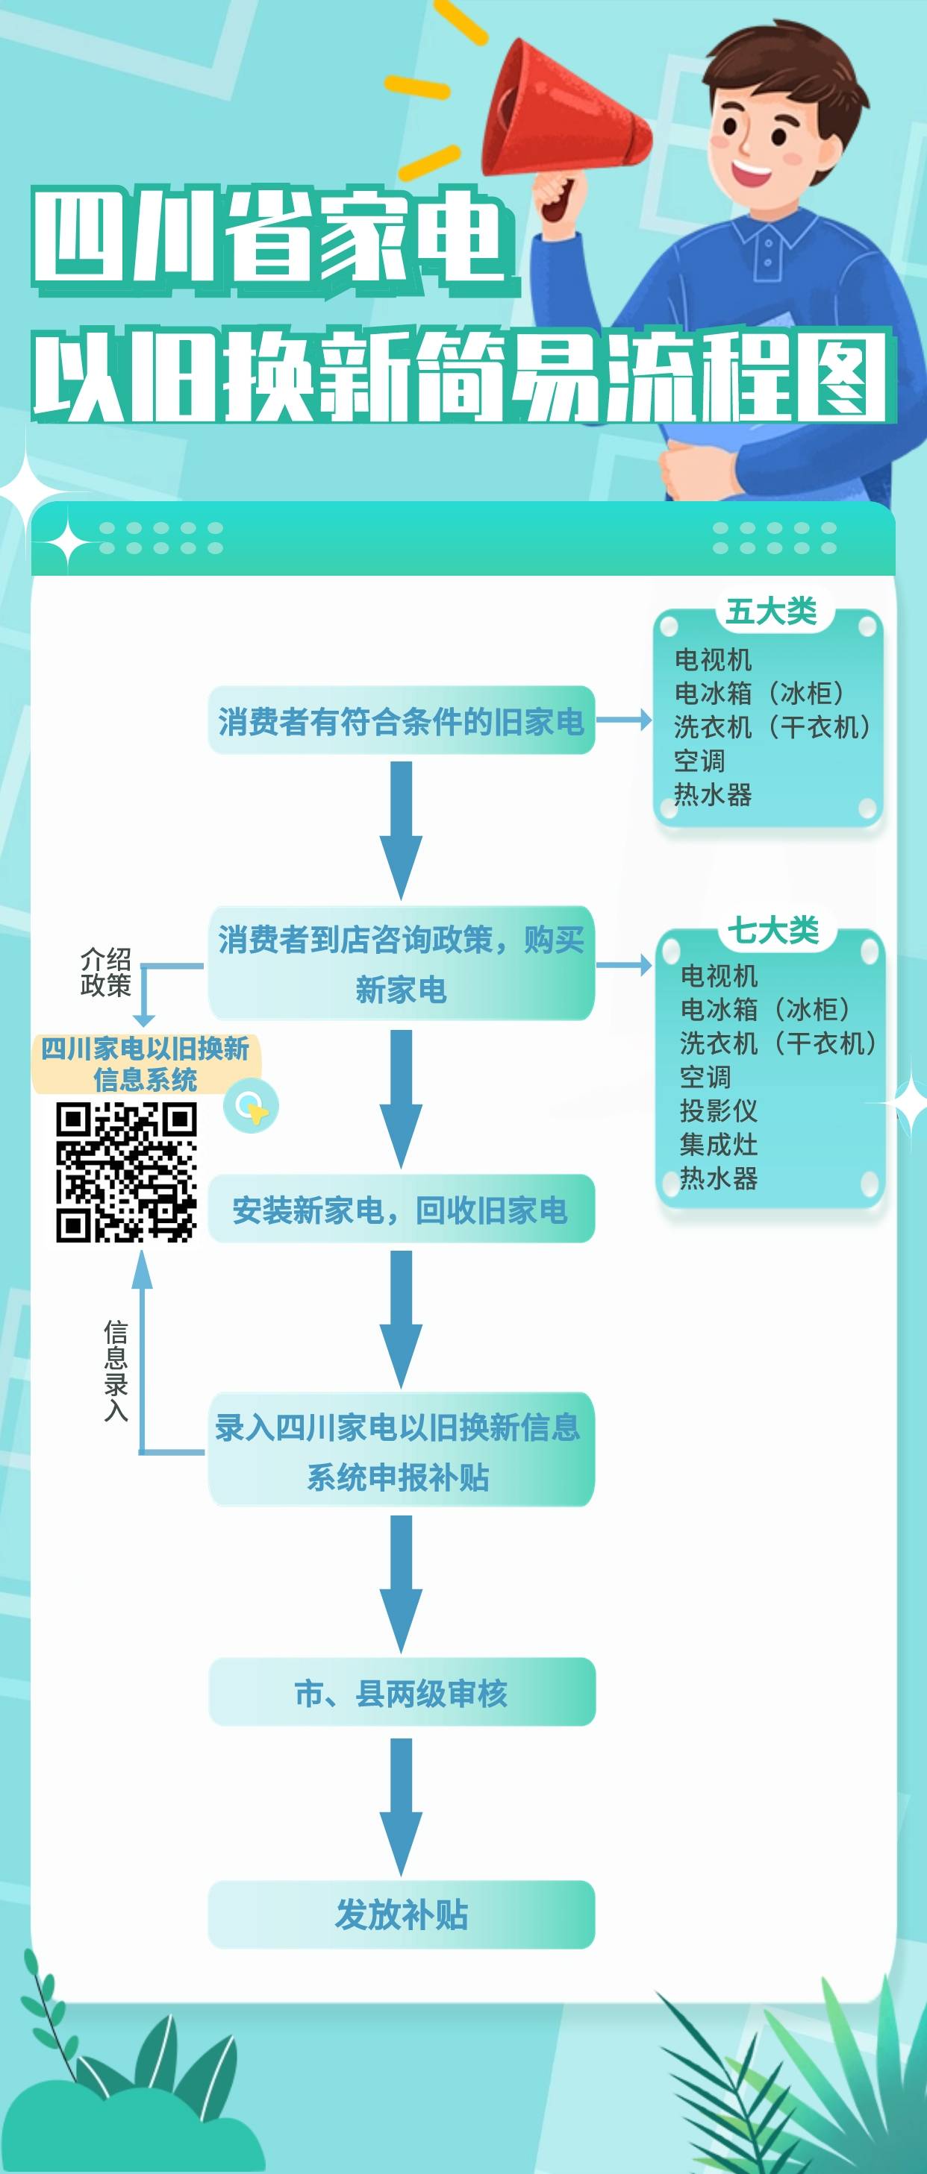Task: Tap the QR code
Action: (126, 1172)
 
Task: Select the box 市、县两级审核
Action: (401, 1692)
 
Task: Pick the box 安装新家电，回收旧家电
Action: (401, 1208)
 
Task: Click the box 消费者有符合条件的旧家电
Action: (401, 720)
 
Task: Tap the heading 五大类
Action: (771, 611)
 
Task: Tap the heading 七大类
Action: (772, 930)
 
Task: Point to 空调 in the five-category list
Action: (699, 761)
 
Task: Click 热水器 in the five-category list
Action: (713, 794)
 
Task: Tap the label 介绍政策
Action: (105, 971)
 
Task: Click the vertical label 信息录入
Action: (116, 1371)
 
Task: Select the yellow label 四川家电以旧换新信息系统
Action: (146, 1064)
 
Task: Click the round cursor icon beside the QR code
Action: (251, 1107)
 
